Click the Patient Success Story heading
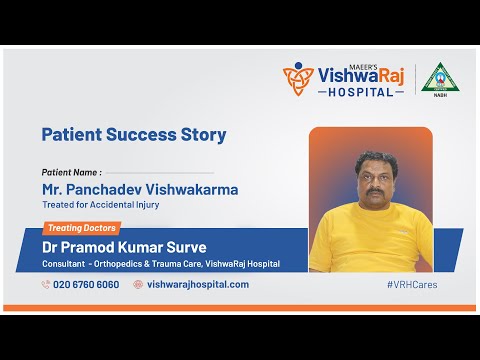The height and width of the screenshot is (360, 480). point(133,134)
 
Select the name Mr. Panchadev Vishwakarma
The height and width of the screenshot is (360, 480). point(140,188)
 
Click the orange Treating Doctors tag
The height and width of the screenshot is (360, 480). point(83,228)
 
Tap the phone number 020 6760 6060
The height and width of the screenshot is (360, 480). point(86,284)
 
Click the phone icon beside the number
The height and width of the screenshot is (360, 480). point(46,284)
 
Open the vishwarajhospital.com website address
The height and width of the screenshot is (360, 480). point(198,284)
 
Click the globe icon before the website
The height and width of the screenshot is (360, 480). point(138,284)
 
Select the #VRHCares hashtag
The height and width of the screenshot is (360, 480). point(411,284)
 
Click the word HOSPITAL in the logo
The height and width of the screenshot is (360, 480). point(361,92)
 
